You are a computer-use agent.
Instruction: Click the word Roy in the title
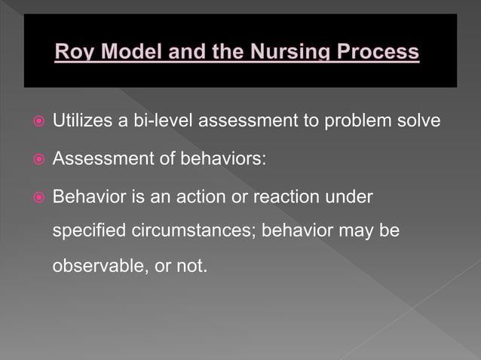[x=74, y=53]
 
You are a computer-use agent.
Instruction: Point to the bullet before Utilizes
[x=38, y=121]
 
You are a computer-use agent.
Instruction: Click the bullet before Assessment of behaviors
[x=38, y=160]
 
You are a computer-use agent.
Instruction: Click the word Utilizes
[x=79, y=121]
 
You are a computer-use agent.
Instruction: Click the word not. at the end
[x=191, y=266]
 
